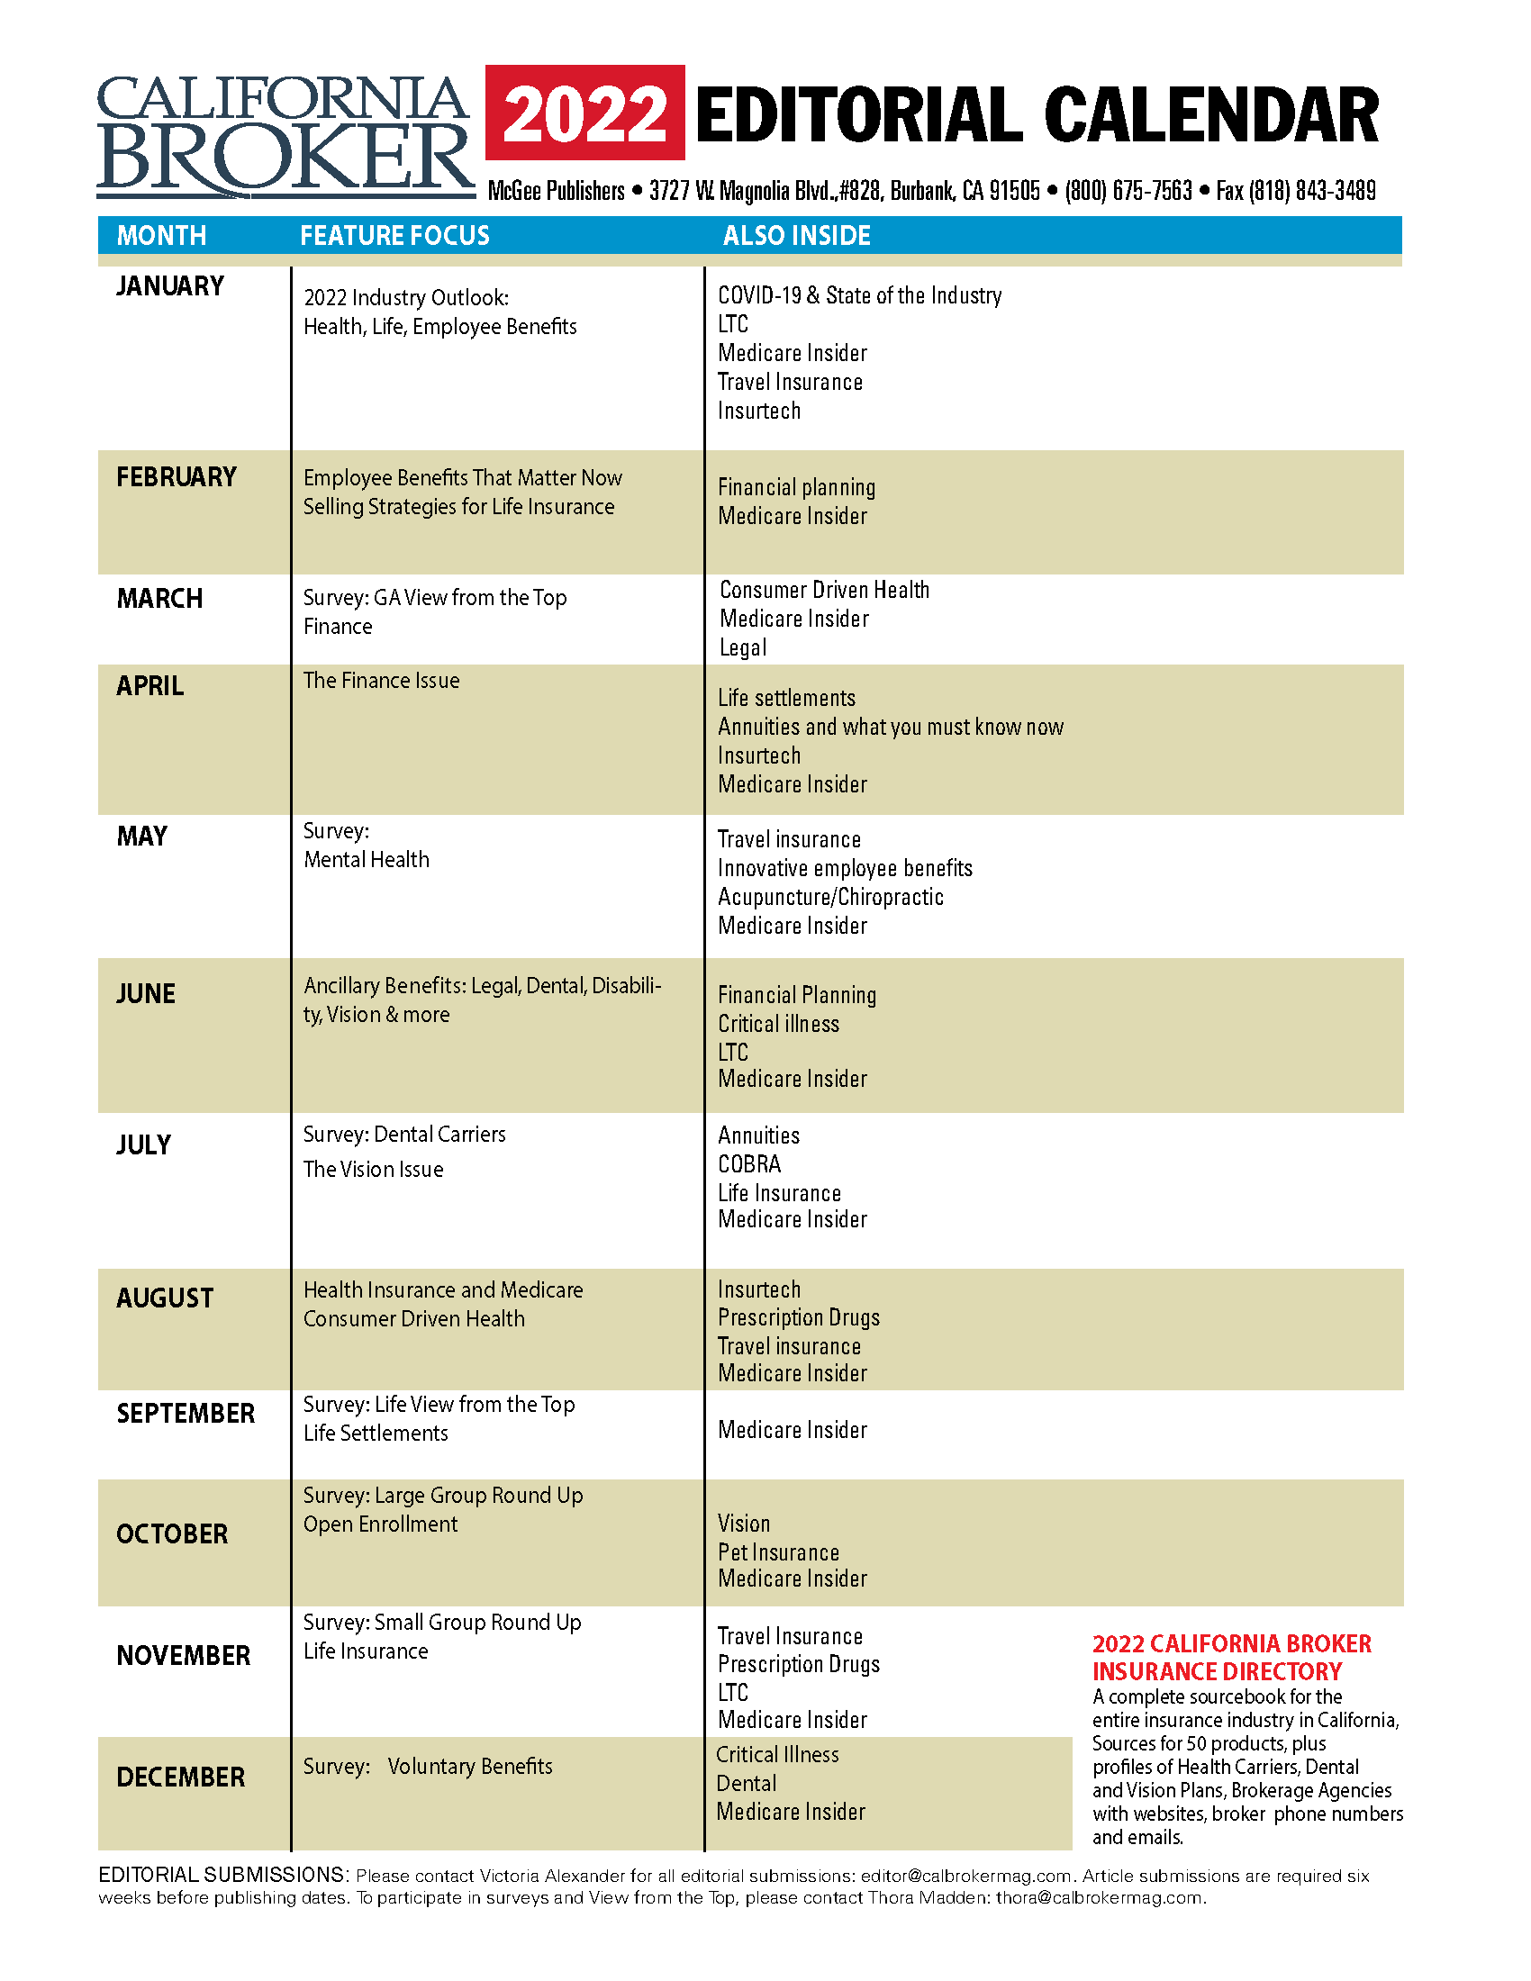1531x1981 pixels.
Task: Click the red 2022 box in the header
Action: pyautogui.click(x=584, y=113)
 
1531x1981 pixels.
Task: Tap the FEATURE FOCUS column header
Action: pyautogui.click(x=394, y=236)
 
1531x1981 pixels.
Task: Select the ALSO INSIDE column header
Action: pyautogui.click(x=796, y=236)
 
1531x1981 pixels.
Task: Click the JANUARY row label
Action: pyautogui.click(x=169, y=286)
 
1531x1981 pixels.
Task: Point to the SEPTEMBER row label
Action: pyautogui.click(x=185, y=1413)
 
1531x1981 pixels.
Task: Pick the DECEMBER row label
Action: pyautogui.click(x=180, y=1777)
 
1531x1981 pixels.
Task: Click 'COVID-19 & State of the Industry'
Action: pyautogui.click(x=859, y=295)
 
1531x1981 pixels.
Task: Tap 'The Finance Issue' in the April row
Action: pyautogui.click(x=381, y=680)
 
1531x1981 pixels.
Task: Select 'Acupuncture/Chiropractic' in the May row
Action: pyautogui.click(x=830, y=897)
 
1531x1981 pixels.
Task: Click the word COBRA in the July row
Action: pyautogui.click(x=749, y=1163)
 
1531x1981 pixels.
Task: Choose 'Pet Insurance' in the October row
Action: pyautogui.click(x=778, y=1552)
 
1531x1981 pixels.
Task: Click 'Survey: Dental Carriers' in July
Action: pyautogui.click(x=403, y=1134)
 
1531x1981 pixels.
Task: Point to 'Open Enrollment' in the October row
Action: pyautogui.click(x=380, y=1524)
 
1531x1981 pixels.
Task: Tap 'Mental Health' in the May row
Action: pyautogui.click(x=367, y=859)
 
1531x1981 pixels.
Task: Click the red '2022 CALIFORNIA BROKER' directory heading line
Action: pyautogui.click(x=1231, y=1643)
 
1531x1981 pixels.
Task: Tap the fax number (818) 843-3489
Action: pyautogui.click(x=1311, y=192)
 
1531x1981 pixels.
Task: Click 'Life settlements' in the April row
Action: pyautogui.click(x=786, y=698)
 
